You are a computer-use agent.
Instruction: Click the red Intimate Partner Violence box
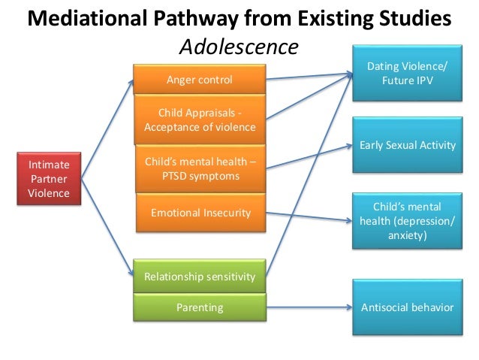49,179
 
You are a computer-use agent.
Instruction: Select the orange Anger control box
199,80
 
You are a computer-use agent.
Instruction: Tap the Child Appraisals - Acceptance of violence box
199,119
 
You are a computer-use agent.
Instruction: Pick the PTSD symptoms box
199,169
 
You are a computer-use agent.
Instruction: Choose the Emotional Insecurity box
199,213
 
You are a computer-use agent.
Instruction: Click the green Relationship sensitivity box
199,277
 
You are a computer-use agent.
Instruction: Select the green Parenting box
199,307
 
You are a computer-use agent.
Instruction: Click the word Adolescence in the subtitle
239,47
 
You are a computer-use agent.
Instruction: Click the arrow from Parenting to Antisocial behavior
308,307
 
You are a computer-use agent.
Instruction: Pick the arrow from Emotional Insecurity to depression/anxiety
308,217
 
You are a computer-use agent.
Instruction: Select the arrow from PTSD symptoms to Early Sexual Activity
308,157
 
